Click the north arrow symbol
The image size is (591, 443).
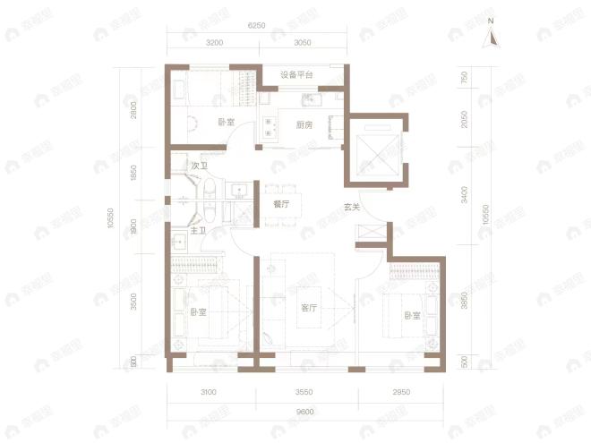(x=490, y=38)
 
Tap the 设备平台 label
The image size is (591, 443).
(x=296, y=74)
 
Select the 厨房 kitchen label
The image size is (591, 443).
(x=304, y=125)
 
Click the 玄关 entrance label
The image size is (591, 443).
(x=351, y=209)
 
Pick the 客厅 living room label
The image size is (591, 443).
(x=309, y=308)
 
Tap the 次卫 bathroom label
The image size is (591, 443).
(x=199, y=166)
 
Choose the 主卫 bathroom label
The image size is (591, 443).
(x=198, y=231)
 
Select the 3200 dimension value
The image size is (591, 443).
(x=214, y=43)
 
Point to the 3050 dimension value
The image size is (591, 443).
(x=302, y=43)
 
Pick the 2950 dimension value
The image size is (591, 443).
(x=399, y=392)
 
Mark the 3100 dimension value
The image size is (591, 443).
(x=210, y=392)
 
